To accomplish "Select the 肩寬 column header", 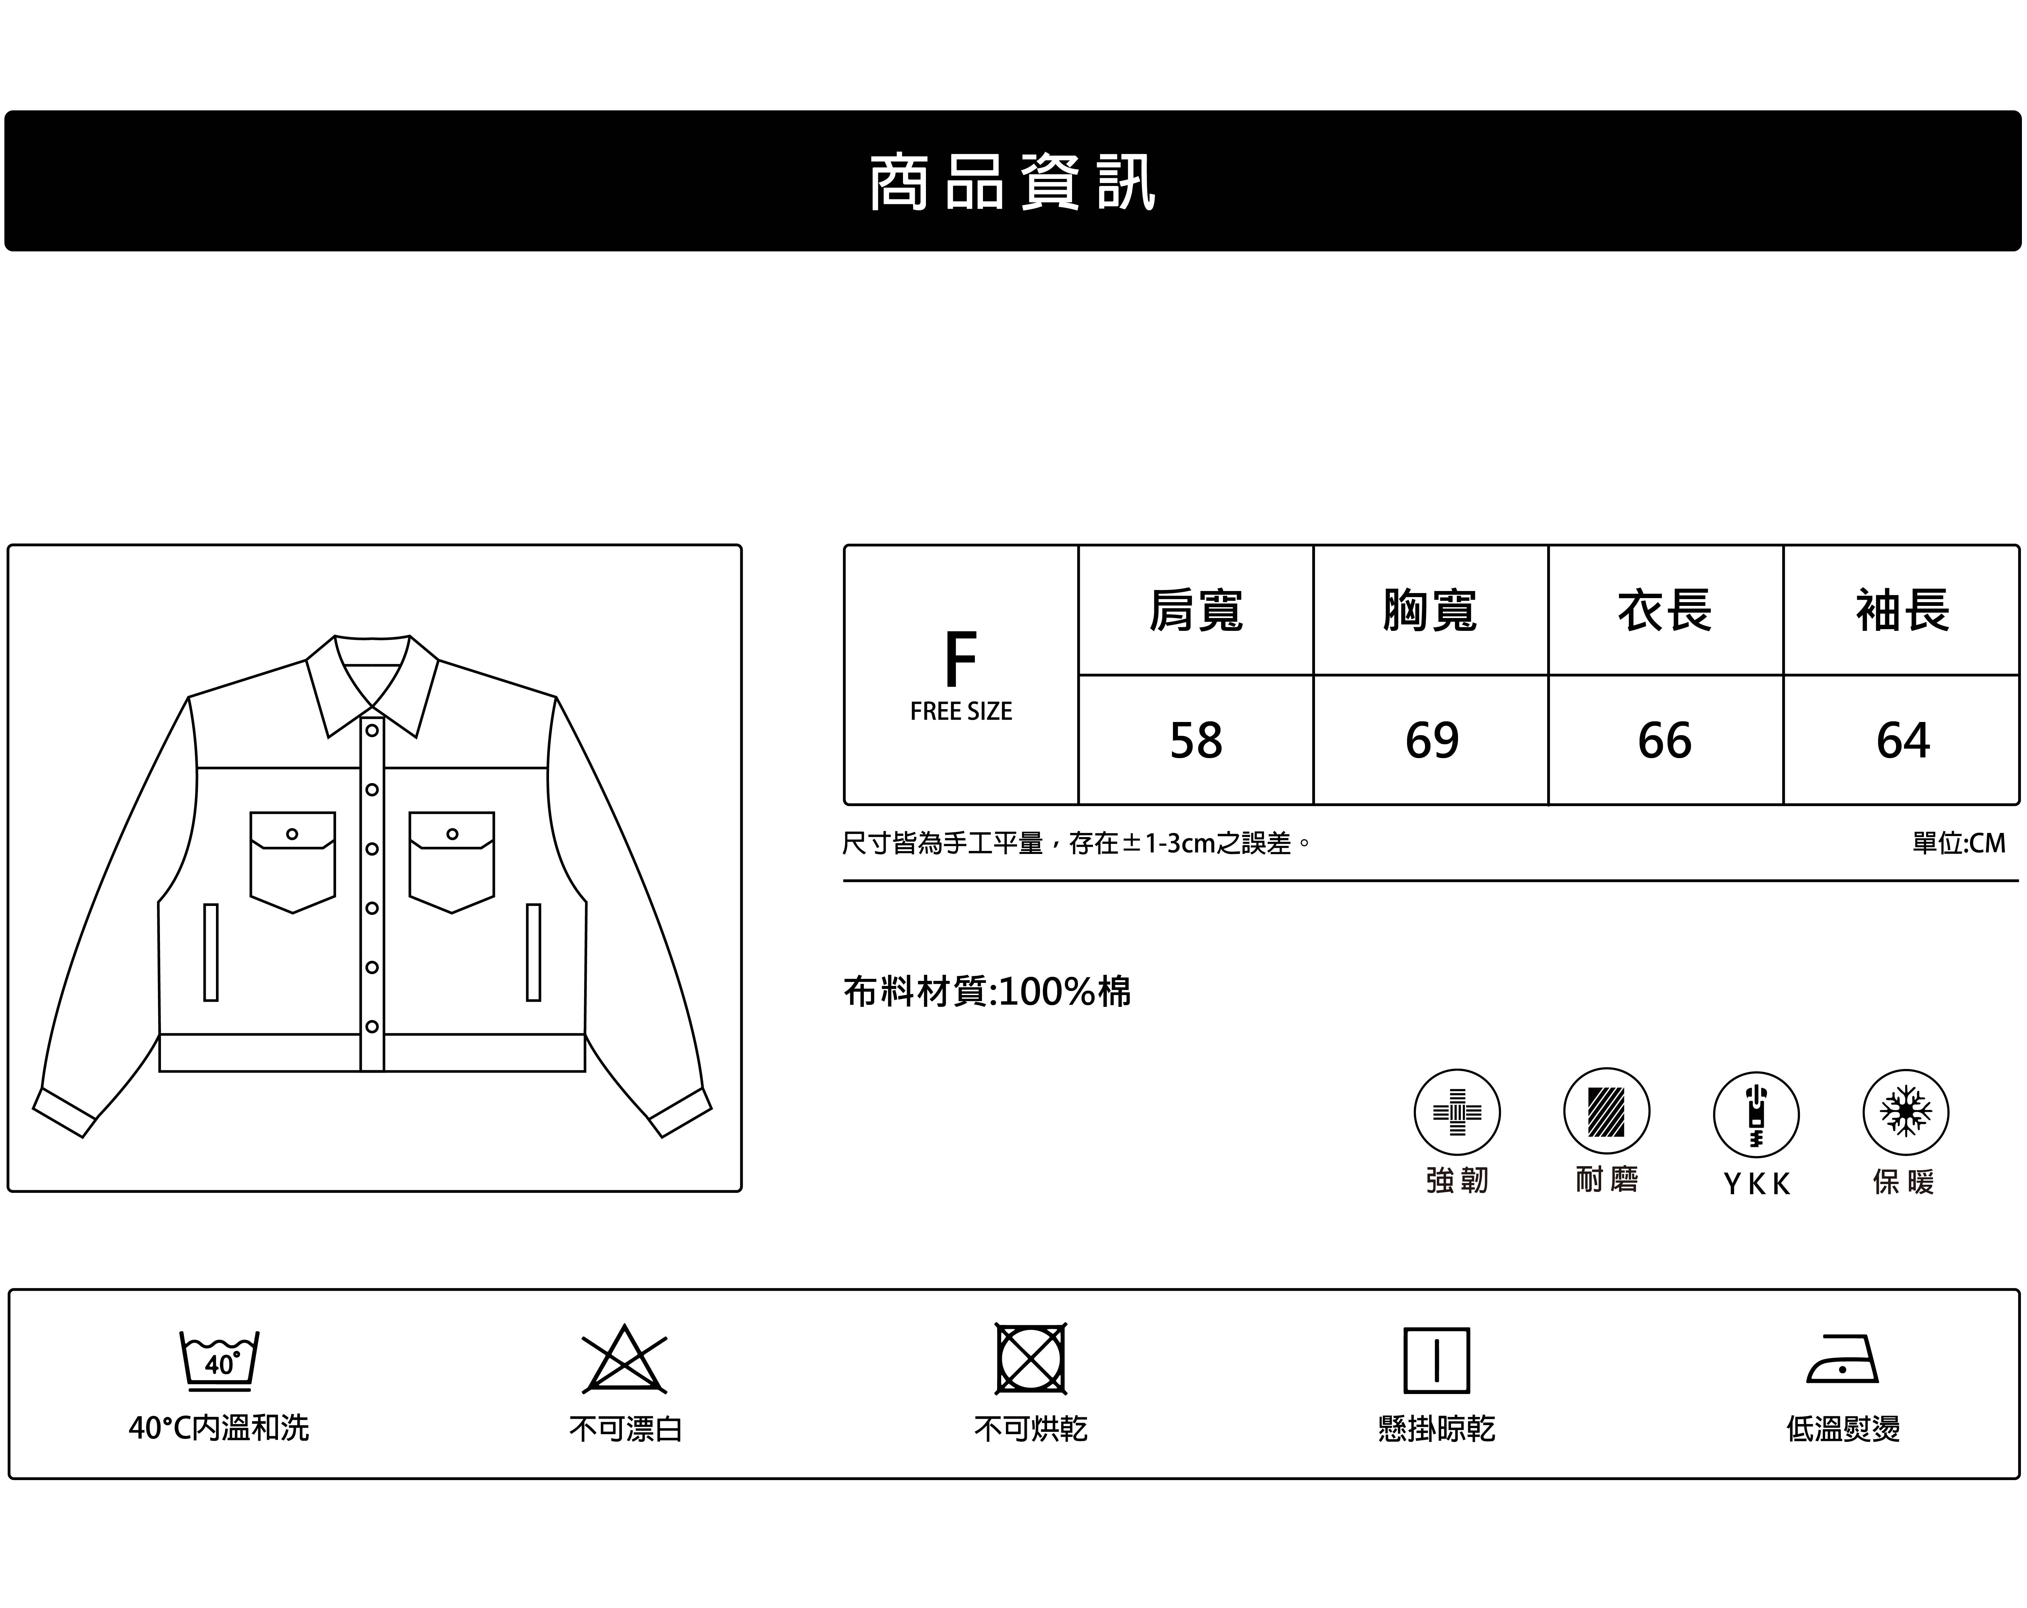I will [1196, 610].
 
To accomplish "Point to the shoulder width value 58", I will [1196, 740].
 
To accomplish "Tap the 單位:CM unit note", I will [1958, 842].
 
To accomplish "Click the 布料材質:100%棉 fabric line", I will [987, 991].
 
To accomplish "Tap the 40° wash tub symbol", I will [219, 1360].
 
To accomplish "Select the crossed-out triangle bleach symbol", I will [624, 1360].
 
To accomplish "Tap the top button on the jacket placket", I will [372, 731].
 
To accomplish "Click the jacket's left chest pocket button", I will [293, 834].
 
